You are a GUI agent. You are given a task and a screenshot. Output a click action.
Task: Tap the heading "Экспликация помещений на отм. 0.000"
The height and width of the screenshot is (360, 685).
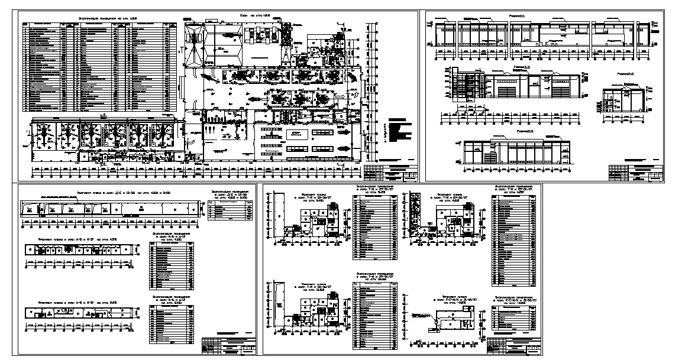[100, 18]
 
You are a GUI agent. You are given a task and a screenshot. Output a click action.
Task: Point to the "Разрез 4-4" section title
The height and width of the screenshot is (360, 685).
[522, 68]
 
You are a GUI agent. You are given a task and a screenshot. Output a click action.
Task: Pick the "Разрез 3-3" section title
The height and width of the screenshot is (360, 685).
[526, 131]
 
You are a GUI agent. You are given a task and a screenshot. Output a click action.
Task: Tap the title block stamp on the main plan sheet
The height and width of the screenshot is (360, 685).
[391, 174]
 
